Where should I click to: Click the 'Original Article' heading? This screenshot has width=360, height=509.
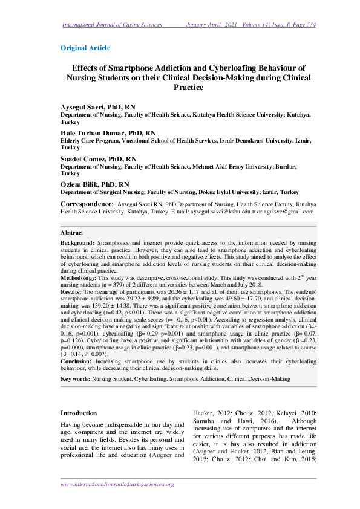pos(85,47)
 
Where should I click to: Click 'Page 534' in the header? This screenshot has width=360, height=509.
pos(303,25)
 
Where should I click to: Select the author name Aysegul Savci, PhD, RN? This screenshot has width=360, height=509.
pos(98,107)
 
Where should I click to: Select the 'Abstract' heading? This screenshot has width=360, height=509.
pos(72,232)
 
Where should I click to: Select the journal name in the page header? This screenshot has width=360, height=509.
pos(113,25)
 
